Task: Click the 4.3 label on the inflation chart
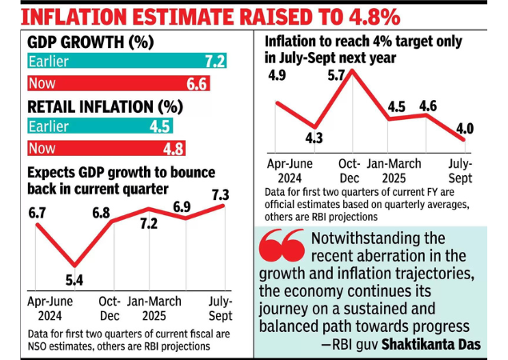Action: click(x=314, y=138)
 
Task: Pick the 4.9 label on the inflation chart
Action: click(x=277, y=76)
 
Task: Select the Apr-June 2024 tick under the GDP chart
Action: click(x=50, y=309)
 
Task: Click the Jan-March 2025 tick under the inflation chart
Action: click(x=393, y=170)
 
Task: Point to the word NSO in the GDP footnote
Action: click(x=41, y=346)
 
